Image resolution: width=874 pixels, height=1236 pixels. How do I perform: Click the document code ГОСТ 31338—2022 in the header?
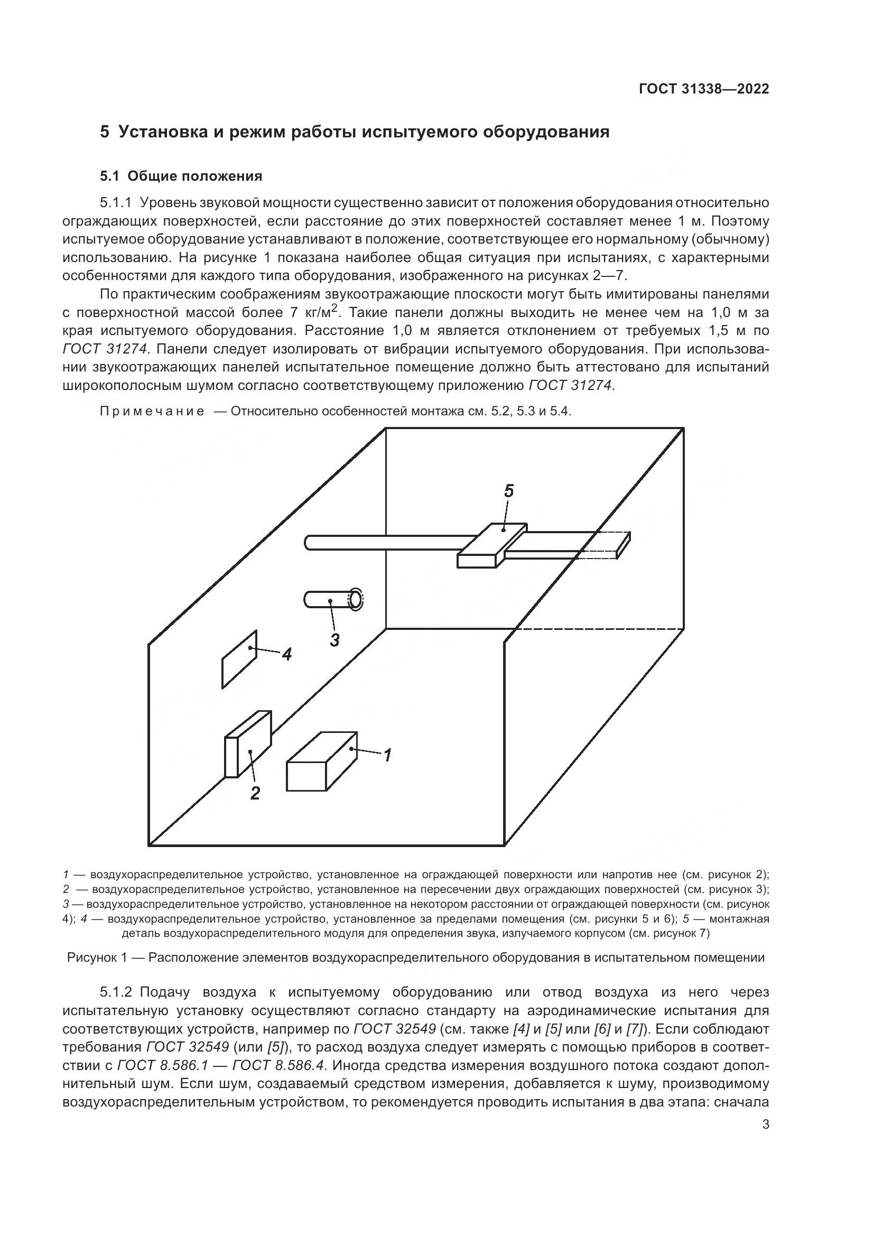click(703, 89)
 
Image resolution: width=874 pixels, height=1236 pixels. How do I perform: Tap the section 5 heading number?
click(105, 132)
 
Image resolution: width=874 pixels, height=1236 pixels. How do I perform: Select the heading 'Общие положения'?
click(195, 176)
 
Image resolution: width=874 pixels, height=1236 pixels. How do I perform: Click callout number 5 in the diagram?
click(508, 490)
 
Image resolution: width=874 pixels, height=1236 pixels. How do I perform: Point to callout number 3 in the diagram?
click(334, 640)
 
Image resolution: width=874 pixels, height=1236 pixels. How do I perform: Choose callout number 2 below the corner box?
click(255, 793)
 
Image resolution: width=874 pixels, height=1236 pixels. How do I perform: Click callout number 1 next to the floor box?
click(387, 755)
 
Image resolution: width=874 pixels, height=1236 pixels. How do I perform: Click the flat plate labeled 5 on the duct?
click(492, 545)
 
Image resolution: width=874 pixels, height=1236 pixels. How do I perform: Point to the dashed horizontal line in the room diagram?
click(598, 628)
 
